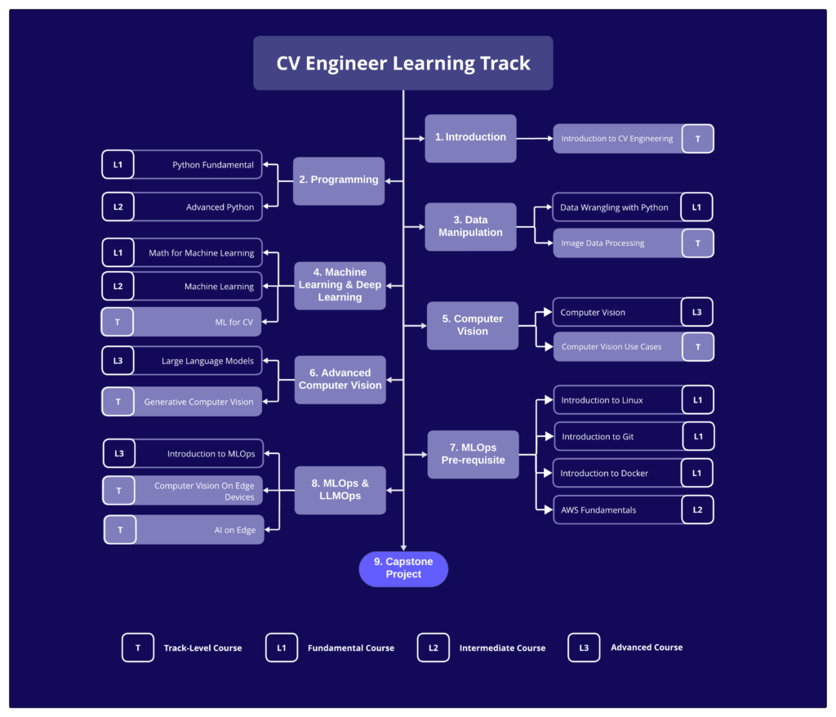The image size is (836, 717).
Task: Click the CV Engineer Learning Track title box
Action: (402, 63)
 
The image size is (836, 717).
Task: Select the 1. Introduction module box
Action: (470, 138)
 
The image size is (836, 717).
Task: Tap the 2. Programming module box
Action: (339, 180)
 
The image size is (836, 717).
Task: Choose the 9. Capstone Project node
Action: (403, 568)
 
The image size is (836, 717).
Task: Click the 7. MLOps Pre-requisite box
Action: (473, 454)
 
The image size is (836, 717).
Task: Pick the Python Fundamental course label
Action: (212, 165)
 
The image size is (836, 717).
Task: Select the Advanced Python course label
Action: (220, 207)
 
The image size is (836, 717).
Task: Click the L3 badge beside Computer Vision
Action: (697, 312)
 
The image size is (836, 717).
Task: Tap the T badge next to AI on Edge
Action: (120, 530)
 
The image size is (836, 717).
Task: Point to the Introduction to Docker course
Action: (604, 474)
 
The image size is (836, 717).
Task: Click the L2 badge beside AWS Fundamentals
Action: (697, 510)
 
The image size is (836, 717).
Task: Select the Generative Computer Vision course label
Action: (198, 402)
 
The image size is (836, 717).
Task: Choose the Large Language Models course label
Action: (207, 361)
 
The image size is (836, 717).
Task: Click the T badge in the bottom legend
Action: (138, 648)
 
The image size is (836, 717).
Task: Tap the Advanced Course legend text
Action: (647, 648)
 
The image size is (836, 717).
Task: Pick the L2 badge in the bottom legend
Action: (433, 648)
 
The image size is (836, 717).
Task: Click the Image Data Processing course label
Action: (603, 243)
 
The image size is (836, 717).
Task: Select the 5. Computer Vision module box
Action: (473, 325)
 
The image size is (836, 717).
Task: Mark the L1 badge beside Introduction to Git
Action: (698, 437)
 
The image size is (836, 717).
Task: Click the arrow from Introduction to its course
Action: (535, 138)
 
